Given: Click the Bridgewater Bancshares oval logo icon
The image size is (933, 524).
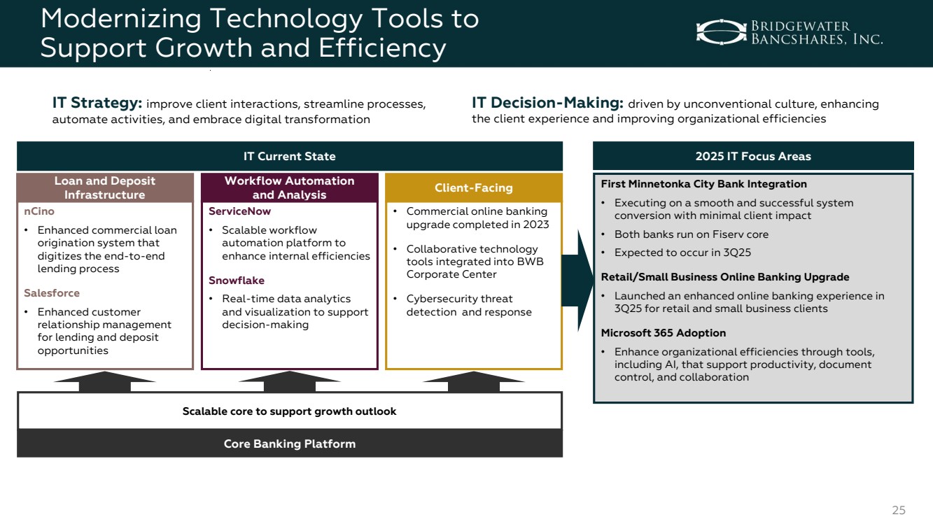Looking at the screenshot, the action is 722,32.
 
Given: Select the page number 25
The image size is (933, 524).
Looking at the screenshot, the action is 899,510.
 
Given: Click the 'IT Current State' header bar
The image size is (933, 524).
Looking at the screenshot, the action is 290,156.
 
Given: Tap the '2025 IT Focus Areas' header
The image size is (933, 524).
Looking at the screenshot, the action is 753,156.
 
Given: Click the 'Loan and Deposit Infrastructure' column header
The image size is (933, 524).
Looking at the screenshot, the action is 105,187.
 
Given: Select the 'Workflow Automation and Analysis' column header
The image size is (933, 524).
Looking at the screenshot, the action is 290,187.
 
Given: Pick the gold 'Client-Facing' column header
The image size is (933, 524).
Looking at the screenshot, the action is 474,187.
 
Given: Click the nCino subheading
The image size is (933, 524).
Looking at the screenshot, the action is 39,211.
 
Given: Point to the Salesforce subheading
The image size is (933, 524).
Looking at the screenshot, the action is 52,293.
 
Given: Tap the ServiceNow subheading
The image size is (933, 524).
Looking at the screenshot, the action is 239,211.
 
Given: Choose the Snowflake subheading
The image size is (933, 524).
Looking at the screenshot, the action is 236,281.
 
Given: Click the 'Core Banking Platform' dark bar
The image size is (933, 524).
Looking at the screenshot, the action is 290,444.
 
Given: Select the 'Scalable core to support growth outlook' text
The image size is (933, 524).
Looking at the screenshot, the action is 290,411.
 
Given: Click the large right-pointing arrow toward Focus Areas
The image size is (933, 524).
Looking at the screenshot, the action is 577,281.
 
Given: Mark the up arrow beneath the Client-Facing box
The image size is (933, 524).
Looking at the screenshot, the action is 474,381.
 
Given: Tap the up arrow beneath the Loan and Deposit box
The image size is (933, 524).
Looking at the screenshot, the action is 105,381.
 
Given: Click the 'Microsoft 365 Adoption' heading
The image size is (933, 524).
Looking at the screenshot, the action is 663,333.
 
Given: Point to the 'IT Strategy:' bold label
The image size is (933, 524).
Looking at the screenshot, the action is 97,102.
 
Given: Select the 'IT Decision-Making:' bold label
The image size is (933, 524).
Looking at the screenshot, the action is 547,102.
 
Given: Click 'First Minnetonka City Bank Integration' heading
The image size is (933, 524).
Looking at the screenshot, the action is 703,184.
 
